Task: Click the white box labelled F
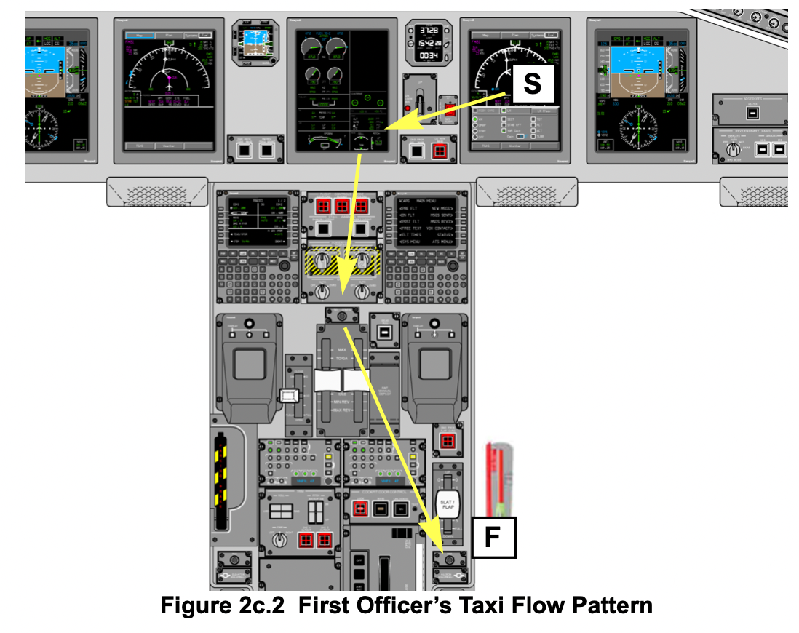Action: [493, 538]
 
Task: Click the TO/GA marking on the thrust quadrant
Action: [342, 359]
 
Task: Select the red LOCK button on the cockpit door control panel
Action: [359, 509]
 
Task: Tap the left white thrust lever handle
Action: [327, 380]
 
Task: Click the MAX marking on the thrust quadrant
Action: [342, 350]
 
